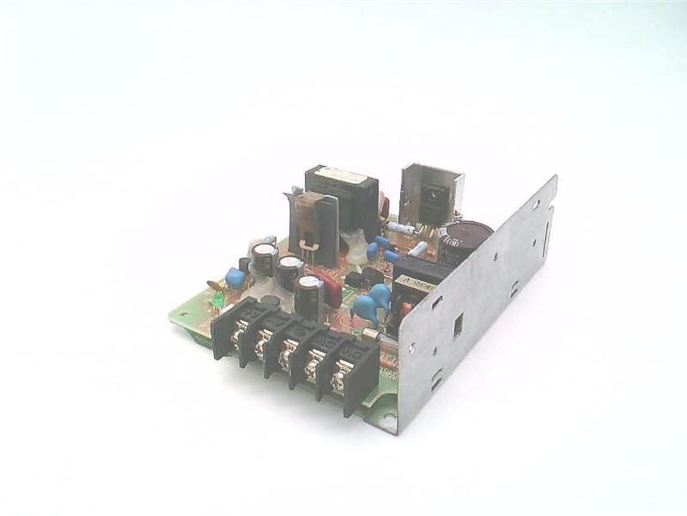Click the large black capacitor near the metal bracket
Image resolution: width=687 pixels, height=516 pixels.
coord(464,241)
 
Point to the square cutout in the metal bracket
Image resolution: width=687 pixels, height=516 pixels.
coord(458,325)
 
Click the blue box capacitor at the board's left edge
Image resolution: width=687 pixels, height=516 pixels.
coord(234,277)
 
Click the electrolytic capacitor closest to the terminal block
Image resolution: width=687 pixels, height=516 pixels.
coord(307,295)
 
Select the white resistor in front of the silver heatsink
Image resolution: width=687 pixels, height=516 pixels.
coord(400,228)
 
